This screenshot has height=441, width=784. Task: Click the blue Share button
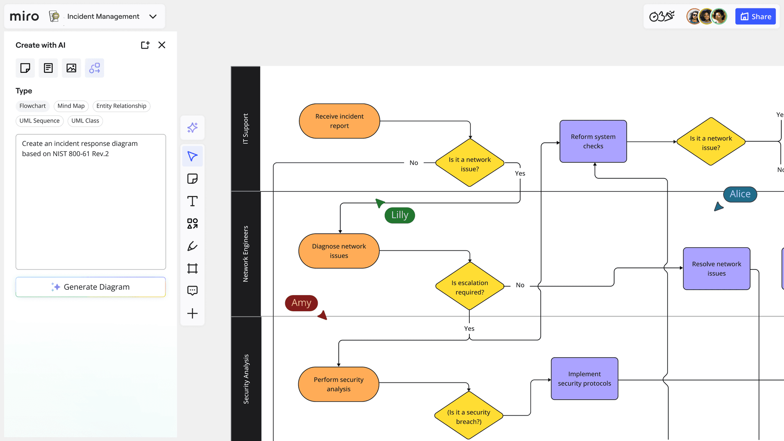pyautogui.click(x=755, y=16)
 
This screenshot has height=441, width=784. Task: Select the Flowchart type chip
pyautogui.click(x=33, y=106)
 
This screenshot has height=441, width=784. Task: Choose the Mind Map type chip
pyautogui.click(x=71, y=106)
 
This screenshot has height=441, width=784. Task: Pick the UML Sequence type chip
pyautogui.click(x=39, y=121)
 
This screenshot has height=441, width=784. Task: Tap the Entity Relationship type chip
pyautogui.click(x=121, y=106)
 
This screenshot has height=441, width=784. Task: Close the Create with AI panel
pyautogui.click(x=162, y=45)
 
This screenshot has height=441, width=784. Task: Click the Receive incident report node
pyautogui.click(x=339, y=121)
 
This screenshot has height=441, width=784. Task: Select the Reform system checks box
pyautogui.click(x=593, y=141)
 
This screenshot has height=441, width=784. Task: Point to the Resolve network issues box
pyautogui.click(x=716, y=269)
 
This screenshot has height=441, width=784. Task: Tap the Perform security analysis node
pyautogui.click(x=338, y=384)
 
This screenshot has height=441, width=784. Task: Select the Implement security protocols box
pyautogui.click(x=584, y=379)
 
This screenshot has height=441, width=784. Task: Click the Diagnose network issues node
pyautogui.click(x=339, y=251)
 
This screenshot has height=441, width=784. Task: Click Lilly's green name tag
pyautogui.click(x=400, y=215)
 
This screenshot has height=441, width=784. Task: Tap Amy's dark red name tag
pyautogui.click(x=301, y=303)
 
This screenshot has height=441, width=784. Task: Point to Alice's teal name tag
pyautogui.click(x=740, y=194)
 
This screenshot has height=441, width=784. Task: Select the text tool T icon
pyautogui.click(x=192, y=201)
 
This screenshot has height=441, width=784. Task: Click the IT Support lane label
pyautogui.click(x=245, y=129)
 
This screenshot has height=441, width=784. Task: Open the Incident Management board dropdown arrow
pyautogui.click(x=153, y=16)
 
